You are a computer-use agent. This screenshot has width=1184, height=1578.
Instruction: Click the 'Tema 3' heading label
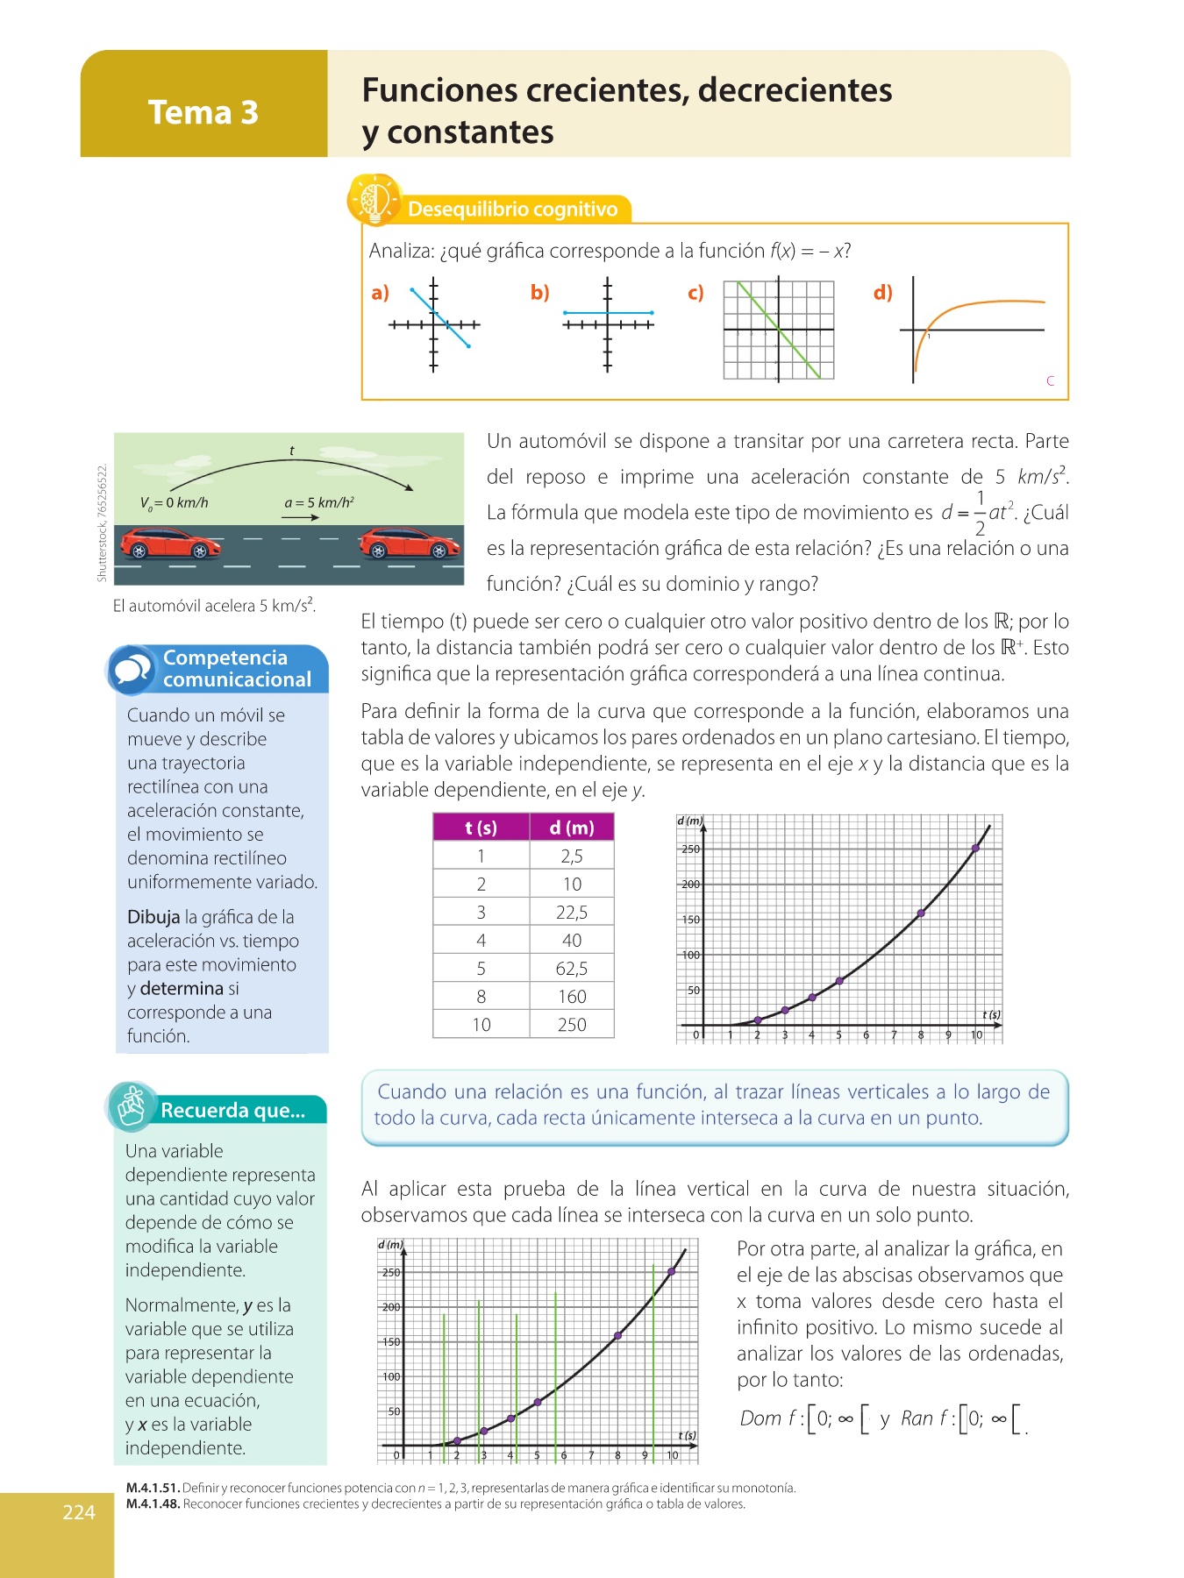click(x=203, y=112)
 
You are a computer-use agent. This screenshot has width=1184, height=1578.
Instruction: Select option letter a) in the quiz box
click(x=380, y=293)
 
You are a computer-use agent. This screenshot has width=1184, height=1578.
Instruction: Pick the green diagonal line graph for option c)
click(x=778, y=330)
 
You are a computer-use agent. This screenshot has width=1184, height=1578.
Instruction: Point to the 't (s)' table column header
click(x=481, y=828)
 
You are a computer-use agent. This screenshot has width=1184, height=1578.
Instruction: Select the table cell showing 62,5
click(x=572, y=969)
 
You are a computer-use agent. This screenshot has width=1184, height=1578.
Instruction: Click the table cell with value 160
click(x=572, y=997)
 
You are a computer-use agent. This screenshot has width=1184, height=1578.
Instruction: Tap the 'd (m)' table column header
click(x=572, y=828)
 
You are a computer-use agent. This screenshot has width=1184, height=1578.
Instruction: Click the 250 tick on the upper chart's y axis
click(x=690, y=849)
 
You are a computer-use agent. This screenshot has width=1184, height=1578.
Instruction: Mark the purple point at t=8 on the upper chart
click(x=921, y=913)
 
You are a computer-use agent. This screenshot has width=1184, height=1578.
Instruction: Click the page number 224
click(x=79, y=1512)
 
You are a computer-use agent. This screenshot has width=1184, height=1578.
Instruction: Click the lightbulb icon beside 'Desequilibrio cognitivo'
click(x=374, y=201)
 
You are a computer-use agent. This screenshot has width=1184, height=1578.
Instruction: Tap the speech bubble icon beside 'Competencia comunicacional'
click(x=132, y=671)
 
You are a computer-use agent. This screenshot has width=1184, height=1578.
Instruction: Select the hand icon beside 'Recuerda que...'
click(x=132, y=1106)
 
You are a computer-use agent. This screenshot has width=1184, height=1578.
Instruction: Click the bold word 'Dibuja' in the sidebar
click(x=153, y=917)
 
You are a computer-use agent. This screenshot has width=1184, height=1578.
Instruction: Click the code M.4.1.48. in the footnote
click(x=153, y=1504)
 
